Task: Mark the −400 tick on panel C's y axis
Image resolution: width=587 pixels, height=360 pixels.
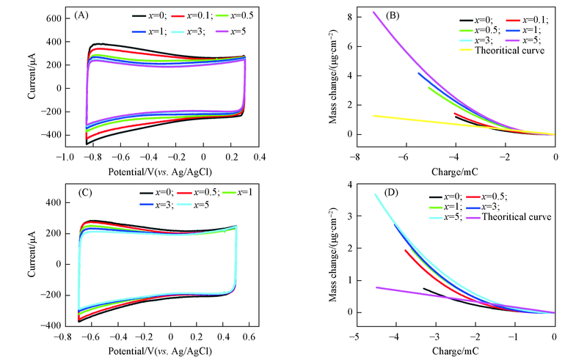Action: pyautogui.click(x=48, y=325)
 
